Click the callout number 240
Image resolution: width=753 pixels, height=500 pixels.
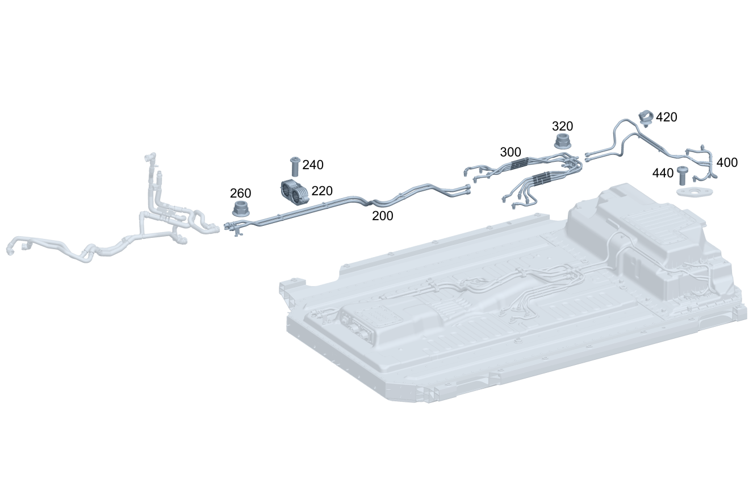[x=313, y=165]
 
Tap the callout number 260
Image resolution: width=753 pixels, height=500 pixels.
[x=241, y=193]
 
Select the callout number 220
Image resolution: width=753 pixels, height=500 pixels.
[x=322, y=191]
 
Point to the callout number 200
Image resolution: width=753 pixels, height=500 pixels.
[x=382, y=216]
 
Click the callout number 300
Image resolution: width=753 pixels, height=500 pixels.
[x=510, y=152]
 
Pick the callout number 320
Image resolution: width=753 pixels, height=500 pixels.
[x=562, y=126]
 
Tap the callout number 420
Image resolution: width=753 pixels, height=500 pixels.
[x=666, y=117]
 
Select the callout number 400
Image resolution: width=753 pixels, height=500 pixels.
[x=727, y=163]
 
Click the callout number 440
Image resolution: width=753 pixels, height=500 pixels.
[x=663, y=173]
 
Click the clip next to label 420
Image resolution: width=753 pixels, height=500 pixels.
[x=646, y=116]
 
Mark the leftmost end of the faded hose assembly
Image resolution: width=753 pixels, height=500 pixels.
[x=10, y=250]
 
